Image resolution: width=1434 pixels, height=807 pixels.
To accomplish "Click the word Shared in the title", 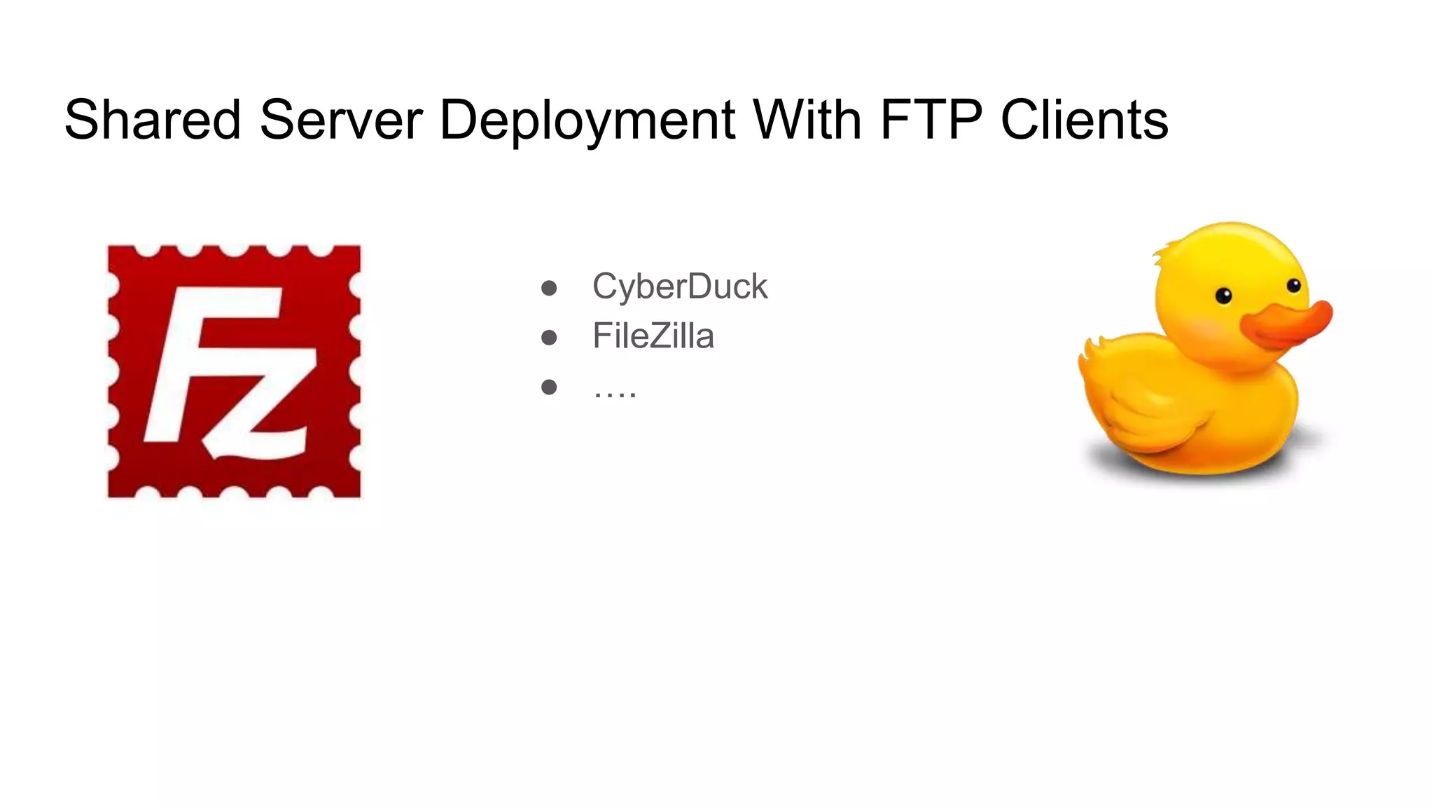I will coord(153,120).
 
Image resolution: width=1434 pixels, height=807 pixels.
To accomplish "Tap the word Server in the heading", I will coord(341,120).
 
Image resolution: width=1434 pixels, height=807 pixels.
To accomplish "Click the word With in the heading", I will coord(807,120).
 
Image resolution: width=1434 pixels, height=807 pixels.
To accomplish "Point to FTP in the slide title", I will coord(931,120).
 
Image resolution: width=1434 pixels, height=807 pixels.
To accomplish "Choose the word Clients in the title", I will coord(1084,120).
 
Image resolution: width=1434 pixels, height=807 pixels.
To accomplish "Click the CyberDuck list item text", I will coord(679,287).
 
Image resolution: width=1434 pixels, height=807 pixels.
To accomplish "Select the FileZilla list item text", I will coord(653,336).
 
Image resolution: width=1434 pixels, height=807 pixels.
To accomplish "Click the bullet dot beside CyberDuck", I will coord(549,288).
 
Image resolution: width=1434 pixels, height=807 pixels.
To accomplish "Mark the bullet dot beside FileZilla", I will coord(549,338).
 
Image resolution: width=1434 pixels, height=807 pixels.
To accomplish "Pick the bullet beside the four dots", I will coord(549,387).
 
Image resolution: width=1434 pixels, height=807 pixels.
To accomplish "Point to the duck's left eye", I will coord(1223,296).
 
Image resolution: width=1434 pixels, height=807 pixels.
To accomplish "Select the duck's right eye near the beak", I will coord(1294,285).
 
